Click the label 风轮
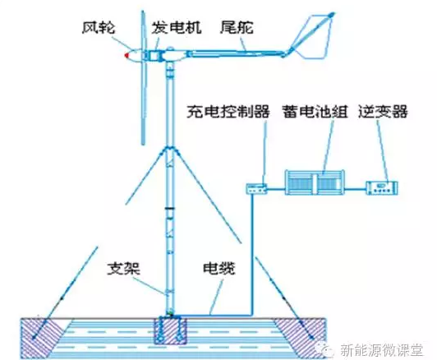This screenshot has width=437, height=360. coord(99,28)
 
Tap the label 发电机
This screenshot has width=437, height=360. coord(176,27)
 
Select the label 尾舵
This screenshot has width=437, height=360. coord(237,27)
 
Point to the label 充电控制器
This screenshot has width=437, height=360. coord(228,111)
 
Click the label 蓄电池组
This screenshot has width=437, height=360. coord(315,111)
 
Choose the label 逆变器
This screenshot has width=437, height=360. coord(383,111)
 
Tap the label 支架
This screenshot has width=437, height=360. coord(124,268)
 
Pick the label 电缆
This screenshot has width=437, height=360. coord(218,268)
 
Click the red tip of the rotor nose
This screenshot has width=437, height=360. coord(126,55)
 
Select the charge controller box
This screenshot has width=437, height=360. coord(256,188)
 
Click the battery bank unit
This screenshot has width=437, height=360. coord(315,182)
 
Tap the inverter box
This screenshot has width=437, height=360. coord(382,187)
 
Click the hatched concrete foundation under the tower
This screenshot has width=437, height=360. coord(168,330)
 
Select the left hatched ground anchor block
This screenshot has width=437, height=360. coord(42,338)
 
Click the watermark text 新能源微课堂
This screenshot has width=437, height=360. coord(381,350)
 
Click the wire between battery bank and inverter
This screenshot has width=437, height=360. coord(356,189)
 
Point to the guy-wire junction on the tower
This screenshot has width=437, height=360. coord(169,148)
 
